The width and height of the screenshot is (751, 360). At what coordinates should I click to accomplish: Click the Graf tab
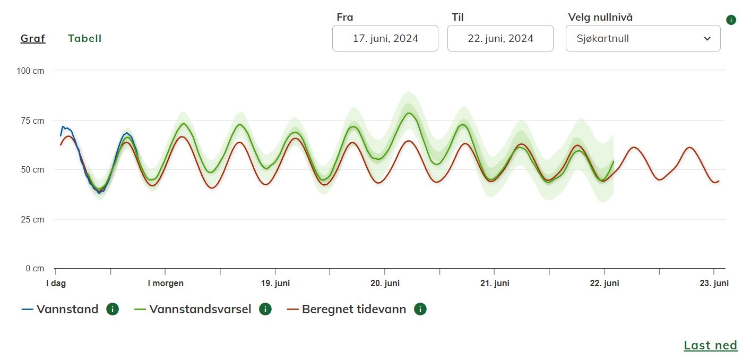pos(33,39)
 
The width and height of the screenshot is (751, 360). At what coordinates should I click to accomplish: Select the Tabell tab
pos(84,39)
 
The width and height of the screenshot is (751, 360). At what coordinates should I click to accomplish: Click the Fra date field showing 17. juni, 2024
pos(385,38)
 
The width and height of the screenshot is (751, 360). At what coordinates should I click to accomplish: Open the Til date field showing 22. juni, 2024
pos(500,38)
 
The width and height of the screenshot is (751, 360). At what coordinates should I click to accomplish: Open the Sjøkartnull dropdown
pos(643,38)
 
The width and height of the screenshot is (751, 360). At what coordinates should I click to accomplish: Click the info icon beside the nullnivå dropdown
pos(731,20)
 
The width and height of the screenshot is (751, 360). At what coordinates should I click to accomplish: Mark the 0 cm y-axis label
pos(36,269)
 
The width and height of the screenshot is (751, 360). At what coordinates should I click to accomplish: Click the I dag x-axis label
pos(55,284)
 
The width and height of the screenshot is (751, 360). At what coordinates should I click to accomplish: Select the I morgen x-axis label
pos(166,284)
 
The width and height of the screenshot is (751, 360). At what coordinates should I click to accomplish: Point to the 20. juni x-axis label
pos(385,284)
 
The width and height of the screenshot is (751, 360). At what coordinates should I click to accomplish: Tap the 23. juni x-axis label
pos(714,284)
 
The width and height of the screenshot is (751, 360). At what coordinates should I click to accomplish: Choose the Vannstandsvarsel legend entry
pos(200,309)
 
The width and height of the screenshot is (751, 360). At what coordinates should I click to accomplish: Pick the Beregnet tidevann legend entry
pos(353,309)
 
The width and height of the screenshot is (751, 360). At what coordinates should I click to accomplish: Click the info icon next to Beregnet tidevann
pos(420,309)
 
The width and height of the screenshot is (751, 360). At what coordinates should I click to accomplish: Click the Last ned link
pos(710,345)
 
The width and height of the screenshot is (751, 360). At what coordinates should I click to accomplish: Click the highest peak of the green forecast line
pos(409,113)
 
